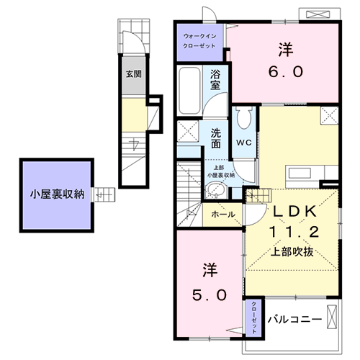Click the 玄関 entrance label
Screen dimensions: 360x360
pyautogui.click(x=132, y=73)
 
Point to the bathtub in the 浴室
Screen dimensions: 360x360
pyautogui.click(x=190, y=88)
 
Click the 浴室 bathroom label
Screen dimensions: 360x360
pyautogui.click(x=215, y=79)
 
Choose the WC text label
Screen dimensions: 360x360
pyautogui.click(x=243, y=142)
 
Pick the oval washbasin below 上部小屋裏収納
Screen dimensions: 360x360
pyautogui.click(x=214, y=190)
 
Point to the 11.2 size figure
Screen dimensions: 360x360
pyautogui.click(x=293, y=233)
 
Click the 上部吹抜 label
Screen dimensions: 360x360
pyautogui.click(x=292, y=252)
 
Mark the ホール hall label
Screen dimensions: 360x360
pyautogui.click(x=222, y=215)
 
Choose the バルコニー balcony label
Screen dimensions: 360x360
pyautogui.click(x=295, y=318)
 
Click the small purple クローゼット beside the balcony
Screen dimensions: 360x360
pyautogui.click(x=255, y=316)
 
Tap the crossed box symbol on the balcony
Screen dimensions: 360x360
pyautogui.click(x=332, y=315)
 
